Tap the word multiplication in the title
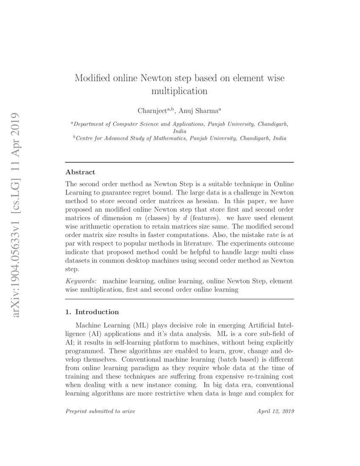tap(180, 91)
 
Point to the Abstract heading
tap(80, 172)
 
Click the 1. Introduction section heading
tap(92, 312)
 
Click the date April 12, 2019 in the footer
tap(276, 411)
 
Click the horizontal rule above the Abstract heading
tap(180, 163)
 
